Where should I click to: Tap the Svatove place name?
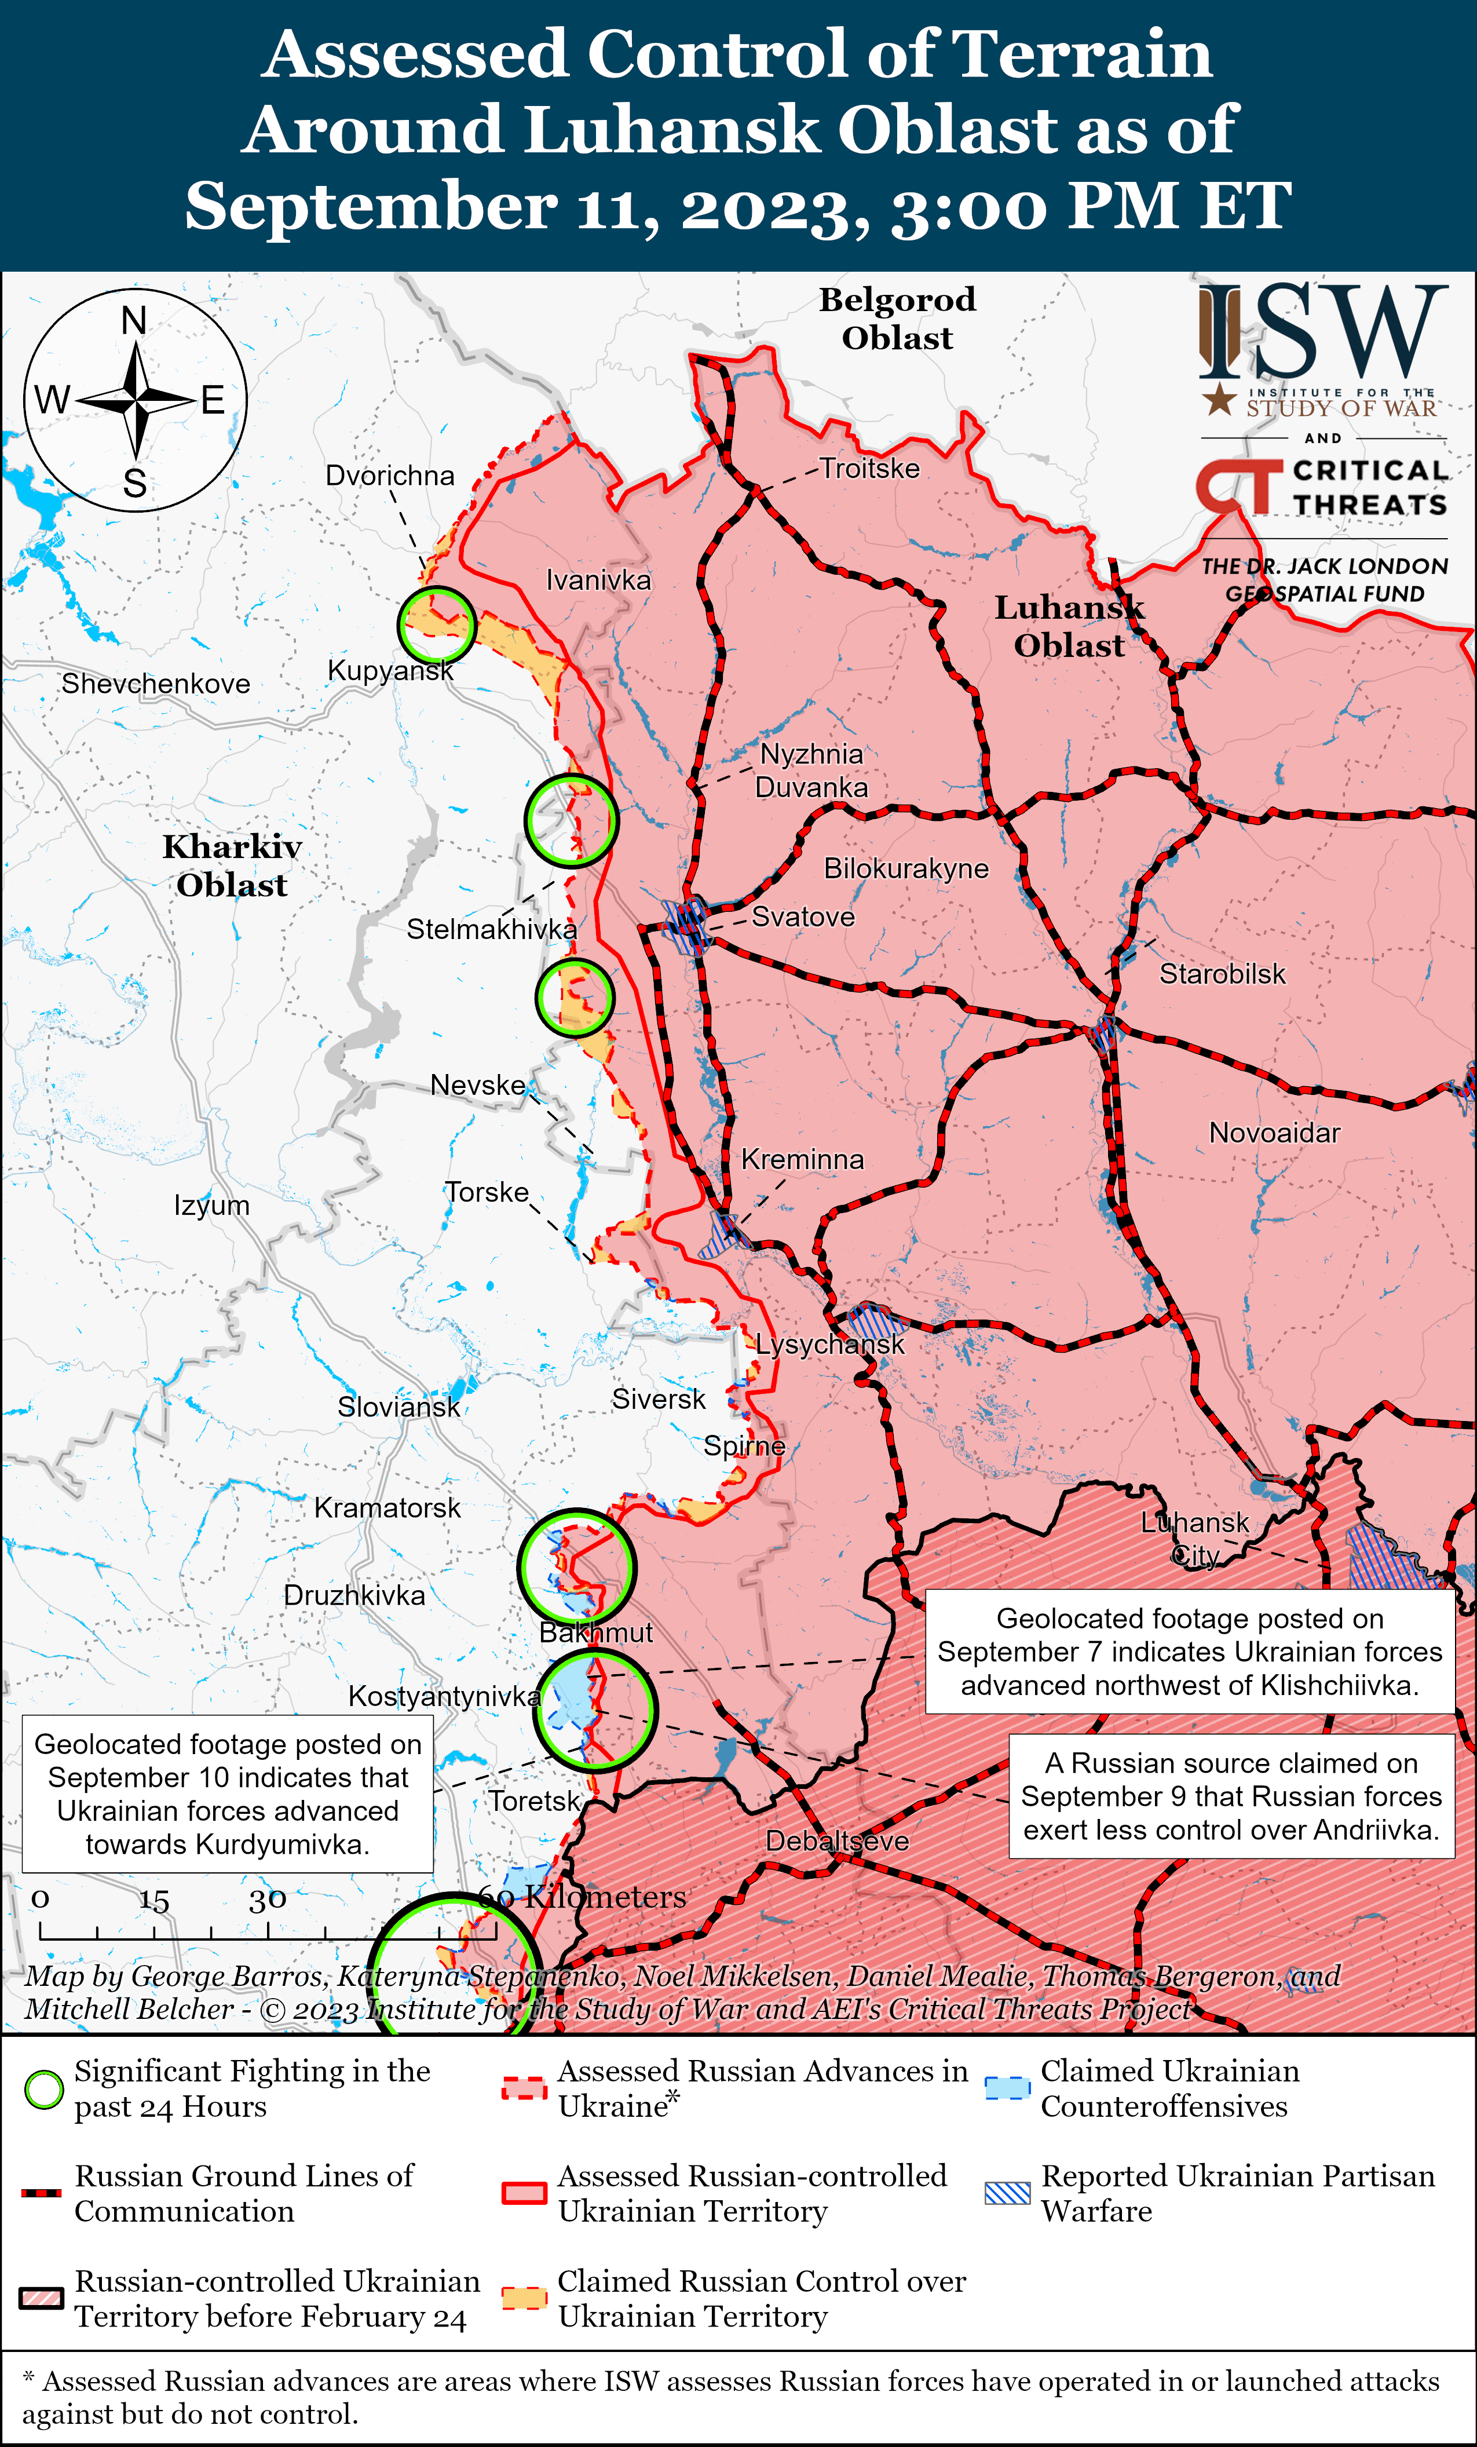click(803, 916)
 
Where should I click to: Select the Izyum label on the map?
click(211, 1206)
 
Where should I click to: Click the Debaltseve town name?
click(837, 1840)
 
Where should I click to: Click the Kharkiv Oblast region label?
click(232, 866)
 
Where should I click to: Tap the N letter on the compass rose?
click(134, 321)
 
